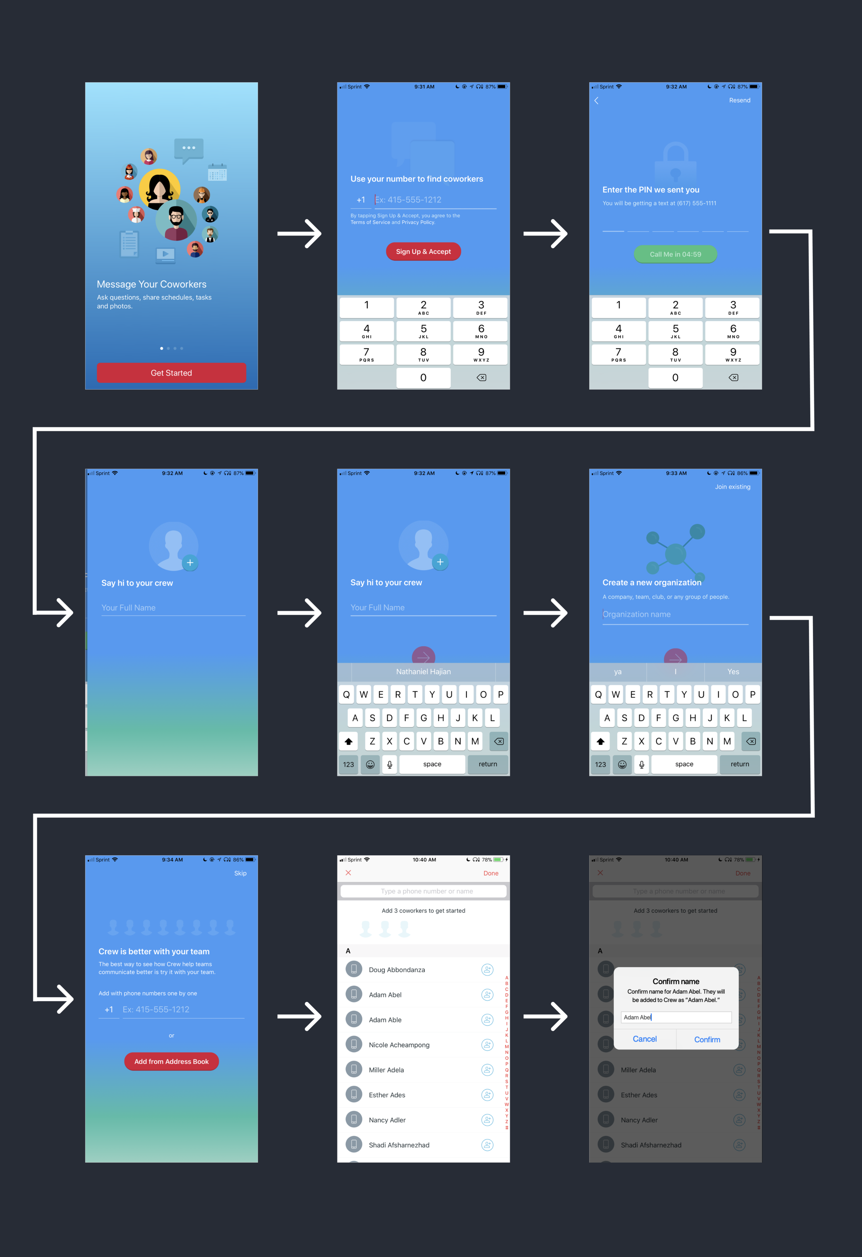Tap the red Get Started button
(171, 373)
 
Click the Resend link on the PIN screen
(739, 100)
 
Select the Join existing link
(732, 487)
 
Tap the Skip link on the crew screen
(240, 873)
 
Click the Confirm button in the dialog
(707, 1039)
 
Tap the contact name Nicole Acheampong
(399, 1045)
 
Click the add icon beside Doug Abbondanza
(487, 970)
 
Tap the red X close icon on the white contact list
(348, 873)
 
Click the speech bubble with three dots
(188, 149)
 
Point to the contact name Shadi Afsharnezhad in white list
(399, 1145)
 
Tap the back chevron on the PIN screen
(597, 101)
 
